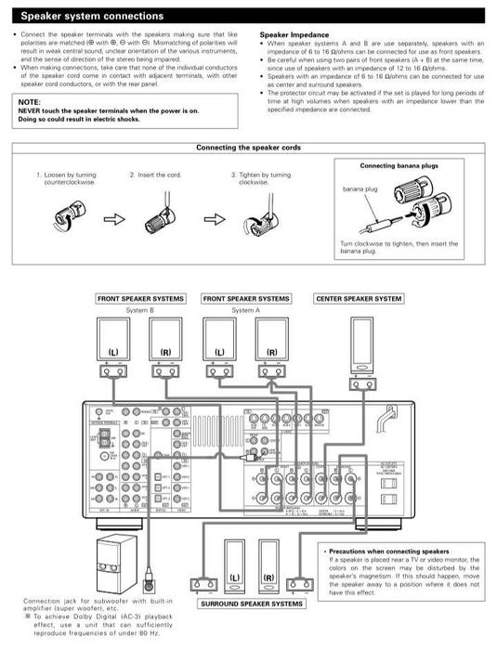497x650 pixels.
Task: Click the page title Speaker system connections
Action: (92, 16)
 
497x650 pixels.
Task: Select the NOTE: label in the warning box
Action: (29, 101)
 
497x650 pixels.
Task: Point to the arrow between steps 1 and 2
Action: (112, 220)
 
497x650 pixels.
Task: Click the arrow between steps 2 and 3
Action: (215, 220)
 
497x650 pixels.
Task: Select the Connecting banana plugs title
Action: (399, 165)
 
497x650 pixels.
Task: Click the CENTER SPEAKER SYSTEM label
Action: (359, 299)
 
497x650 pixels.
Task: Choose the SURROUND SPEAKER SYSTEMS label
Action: (251, 604)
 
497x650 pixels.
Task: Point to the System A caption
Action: (245, 309)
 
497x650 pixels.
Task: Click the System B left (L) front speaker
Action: (113, 341)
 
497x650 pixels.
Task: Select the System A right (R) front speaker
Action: (272, 341)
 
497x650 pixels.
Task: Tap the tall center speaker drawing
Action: (360, 344)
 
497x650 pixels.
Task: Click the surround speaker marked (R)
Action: (268, 566)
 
